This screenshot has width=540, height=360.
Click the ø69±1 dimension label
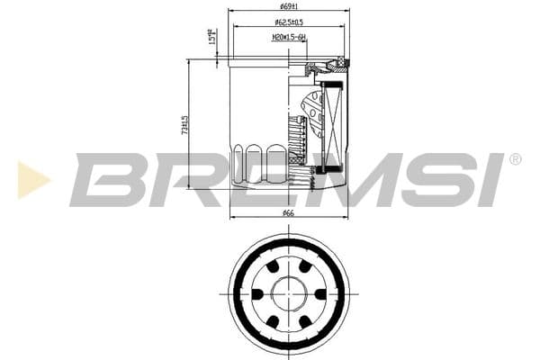click(x=288, y=6)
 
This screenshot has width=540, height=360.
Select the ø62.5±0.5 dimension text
click(x=288, y=22)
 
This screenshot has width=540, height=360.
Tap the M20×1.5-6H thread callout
click(x=288, y=37)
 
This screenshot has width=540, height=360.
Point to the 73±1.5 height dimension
click(x=184, y=124)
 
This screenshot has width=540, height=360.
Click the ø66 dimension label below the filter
click(x=288, y=213)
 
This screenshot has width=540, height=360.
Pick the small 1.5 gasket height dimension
click(x=211, y=39)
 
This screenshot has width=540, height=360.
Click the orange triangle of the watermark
click(x=32, y=179)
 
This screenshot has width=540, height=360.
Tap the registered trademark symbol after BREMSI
click(x=515, y=159)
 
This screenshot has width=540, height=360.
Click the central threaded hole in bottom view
click(x=288, y=295)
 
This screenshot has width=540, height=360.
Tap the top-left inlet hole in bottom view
click(x=271, y=267)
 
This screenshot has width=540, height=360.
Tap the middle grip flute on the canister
click(x=256, y=162)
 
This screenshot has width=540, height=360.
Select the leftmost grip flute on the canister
click(x=238, y=162)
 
